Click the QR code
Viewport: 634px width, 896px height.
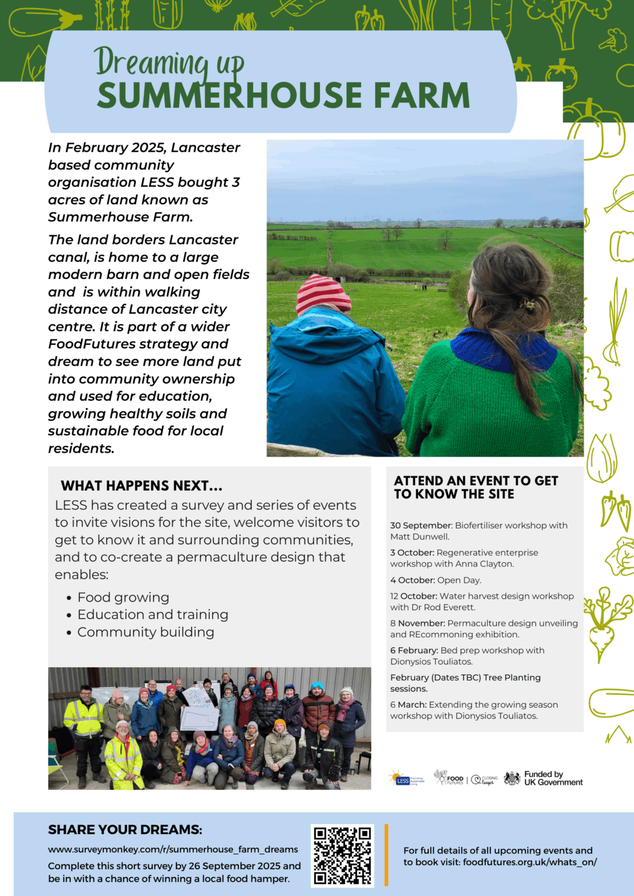[x=342, y=855]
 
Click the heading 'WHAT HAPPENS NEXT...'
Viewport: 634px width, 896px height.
[x=141, y=486]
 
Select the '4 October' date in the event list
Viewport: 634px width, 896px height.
[x=412, y=580]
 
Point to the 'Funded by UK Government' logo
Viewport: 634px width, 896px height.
[x=544, y=778]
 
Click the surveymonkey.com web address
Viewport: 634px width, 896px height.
[x=173, y=849]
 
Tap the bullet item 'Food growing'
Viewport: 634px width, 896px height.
[x=123, y=597]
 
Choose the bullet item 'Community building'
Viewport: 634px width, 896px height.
[x=145, y=632]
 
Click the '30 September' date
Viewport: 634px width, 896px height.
[x=421, y=526]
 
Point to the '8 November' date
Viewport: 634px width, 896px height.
[x=417, y=624]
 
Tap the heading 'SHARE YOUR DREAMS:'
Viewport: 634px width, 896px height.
[x=125, y=829]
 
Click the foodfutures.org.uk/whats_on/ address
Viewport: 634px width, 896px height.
[x=530, y=862]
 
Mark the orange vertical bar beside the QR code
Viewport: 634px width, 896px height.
[x=386, y=855]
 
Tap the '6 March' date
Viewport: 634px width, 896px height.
[x=408, y=705]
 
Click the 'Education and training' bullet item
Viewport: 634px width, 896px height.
[x=152, y=615]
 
